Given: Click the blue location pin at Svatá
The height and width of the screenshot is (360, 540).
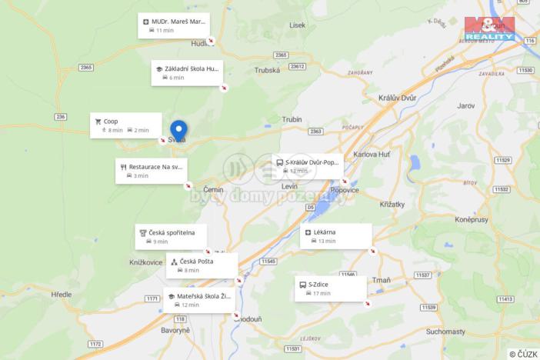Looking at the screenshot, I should pyautogui.click(x=178, y=129).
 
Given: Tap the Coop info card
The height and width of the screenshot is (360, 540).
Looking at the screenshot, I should pyautogui.click(x=126, y=125).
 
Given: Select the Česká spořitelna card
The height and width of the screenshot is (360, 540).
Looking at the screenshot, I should pyautogui.click(x=171, y=236).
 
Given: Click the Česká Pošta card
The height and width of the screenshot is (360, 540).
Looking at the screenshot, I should pyautogui.click(x=202, y=265).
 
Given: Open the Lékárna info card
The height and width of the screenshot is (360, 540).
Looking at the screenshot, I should pyautogui.click(x=335, y=236).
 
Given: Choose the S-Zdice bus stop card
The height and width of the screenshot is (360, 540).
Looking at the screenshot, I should pyautogui.click(x=331, y=288).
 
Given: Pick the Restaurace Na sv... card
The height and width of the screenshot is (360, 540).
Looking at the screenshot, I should pyautogui.click(x=151, y=171).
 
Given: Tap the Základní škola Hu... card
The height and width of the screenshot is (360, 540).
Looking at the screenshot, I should pyautogui.click(x=187, y=72).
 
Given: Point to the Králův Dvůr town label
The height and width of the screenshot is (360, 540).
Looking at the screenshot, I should pyautogui.click(x=398, y=98).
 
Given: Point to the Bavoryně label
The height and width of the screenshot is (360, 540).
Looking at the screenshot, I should pyautogui.click(x=175, y=330).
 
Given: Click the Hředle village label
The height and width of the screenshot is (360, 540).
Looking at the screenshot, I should pyautogui.click(x=61, y=294).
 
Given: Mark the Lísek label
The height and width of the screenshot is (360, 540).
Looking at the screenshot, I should pyautogui.click(x=297, y=25).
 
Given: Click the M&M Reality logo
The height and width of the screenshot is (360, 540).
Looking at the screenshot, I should pyautogui.click(x=489, y=28).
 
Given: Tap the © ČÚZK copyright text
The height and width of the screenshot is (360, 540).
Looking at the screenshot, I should pyautogui.click(x=523, y=354).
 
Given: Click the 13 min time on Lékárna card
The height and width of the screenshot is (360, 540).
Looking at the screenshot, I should pyautogui.click(x=327, y=241).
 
